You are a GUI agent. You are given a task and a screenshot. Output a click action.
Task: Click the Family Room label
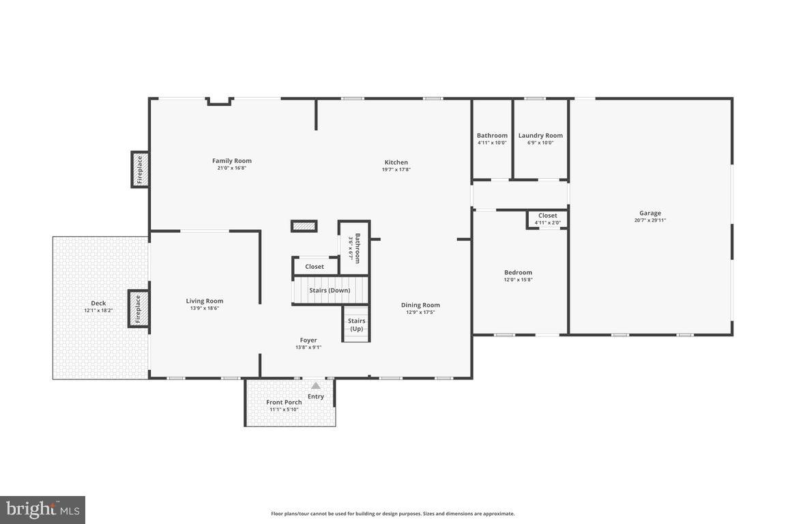coord(231,161)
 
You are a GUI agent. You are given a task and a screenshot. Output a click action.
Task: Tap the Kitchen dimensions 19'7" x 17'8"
coord(396,170)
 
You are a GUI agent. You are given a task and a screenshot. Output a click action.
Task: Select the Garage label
coord(650,213)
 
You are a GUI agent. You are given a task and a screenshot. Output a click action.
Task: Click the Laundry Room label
coord(540,135)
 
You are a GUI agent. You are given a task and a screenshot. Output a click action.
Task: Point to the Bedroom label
coord(518,272)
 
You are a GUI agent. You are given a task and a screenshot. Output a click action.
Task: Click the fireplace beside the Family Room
coord(140,169)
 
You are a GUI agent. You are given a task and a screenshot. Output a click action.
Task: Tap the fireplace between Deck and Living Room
coord(138,308)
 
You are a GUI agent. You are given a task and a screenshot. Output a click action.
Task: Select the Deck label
coord(98,304)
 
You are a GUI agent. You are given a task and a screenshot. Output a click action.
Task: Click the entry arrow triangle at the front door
coord(315,386)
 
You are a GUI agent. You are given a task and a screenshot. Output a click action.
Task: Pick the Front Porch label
coord(284,402)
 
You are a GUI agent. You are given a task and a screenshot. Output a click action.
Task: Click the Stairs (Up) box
coord(356,324)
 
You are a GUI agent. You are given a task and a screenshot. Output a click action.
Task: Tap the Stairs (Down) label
coord(330,290)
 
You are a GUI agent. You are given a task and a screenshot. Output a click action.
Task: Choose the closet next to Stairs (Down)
coord(315,266)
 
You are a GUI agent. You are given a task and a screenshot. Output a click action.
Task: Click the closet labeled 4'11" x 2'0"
coord(547,219)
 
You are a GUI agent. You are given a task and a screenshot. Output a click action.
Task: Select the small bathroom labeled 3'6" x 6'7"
coord(354,246)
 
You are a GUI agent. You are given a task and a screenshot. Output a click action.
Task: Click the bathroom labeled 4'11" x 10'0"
coord(492,139)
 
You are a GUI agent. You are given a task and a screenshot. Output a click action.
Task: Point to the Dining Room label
coord(420,305)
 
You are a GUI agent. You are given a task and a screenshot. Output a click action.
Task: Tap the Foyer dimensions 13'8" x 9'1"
coord(308,347)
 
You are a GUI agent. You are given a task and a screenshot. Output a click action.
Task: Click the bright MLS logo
coord(42,510)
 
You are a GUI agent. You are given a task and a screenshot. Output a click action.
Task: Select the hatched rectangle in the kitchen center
coord(304,226)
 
